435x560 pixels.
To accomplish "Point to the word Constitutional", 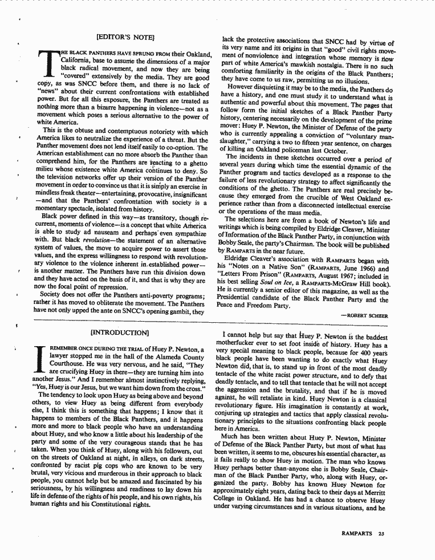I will (x=121, y=505).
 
